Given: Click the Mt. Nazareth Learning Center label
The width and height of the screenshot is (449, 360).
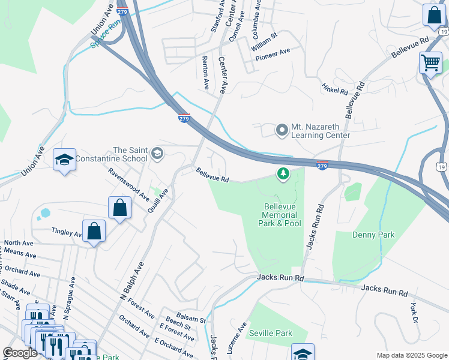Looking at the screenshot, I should pos(320,131).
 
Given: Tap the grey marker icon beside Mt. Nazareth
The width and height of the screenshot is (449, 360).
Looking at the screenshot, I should pos(282,130).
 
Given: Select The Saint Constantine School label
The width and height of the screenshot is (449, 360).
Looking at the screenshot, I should pos(130,154).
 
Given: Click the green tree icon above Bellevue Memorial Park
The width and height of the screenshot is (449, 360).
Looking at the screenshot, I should pos(283,175).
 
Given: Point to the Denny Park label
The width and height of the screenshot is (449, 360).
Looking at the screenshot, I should pos(373,235).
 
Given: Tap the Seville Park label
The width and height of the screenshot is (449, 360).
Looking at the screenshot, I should pos(270,333).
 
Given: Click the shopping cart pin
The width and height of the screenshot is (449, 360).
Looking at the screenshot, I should pos(430,62).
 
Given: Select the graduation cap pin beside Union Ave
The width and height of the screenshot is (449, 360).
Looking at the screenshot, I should pos(64,160).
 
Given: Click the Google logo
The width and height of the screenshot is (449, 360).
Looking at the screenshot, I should pos(20,352).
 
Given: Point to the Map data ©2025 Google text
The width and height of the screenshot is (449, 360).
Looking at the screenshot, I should pos(411,355).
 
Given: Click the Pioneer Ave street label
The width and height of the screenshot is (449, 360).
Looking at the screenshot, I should pos(273,55).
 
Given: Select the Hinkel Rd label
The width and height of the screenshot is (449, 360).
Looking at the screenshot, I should pos(335,89).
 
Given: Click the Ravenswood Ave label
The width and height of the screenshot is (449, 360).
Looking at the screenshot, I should pos(128,187).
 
